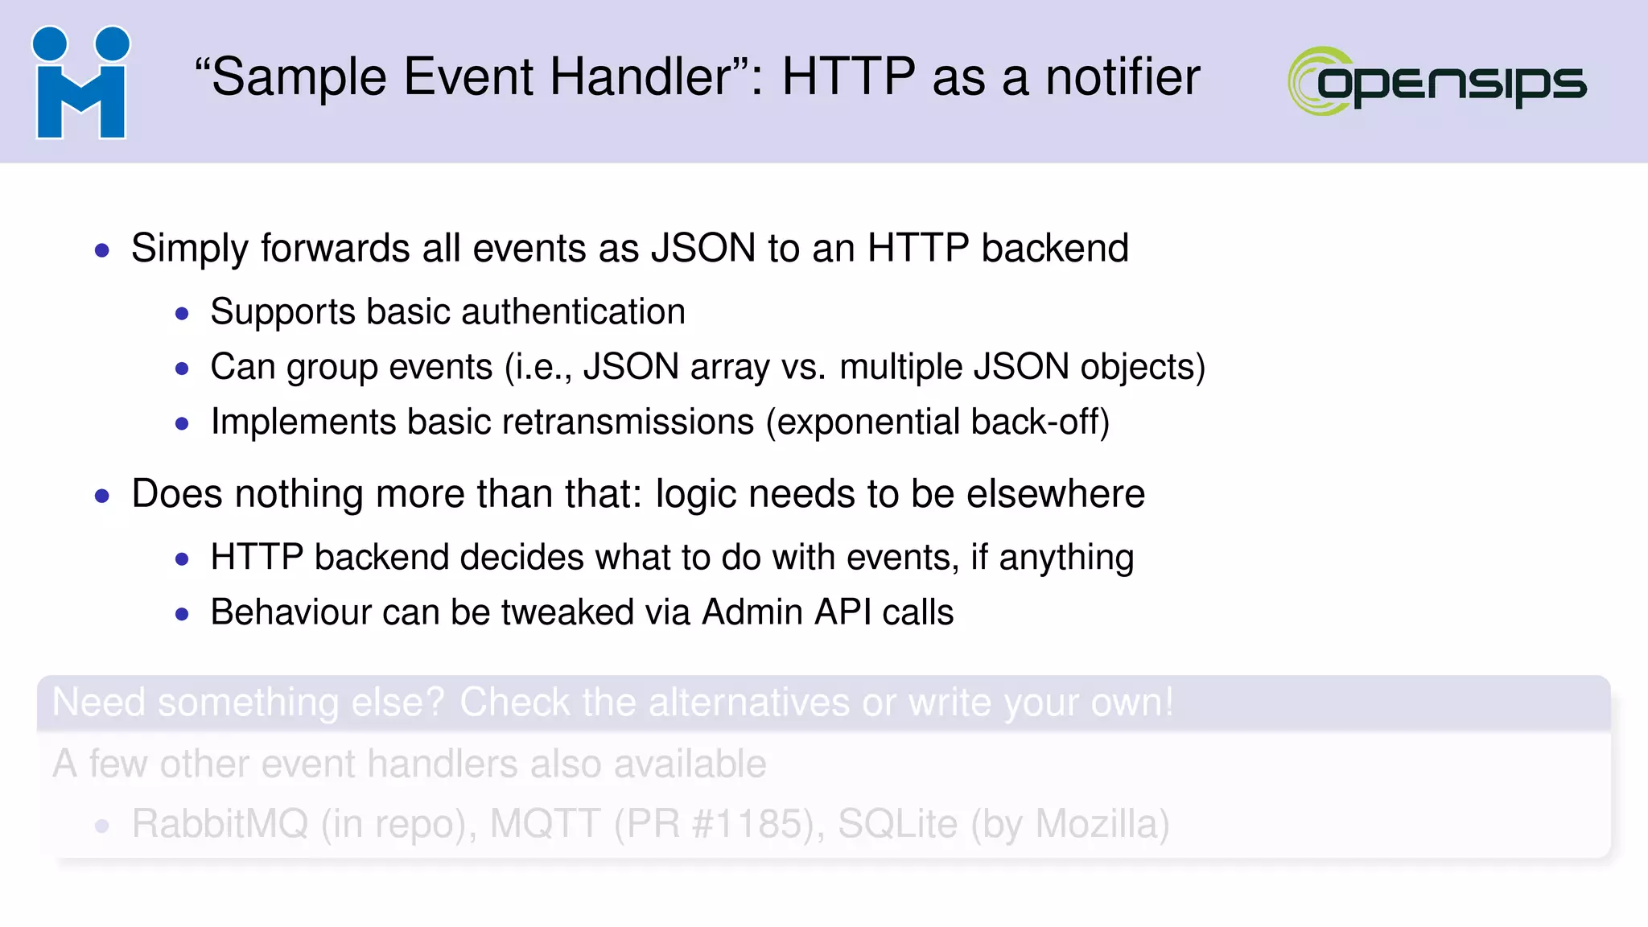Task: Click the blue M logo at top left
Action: pyautogui.click(x=80, y=82)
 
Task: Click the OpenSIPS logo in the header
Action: pyautogui.click(x=1437, y=81)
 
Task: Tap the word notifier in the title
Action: pyautogui.click(x=1123, y=77)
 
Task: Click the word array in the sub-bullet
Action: pyautogui.click(x=729, y=368)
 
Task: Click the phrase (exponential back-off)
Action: pyautogui.click(x=937, y=422)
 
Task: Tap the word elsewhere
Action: pyautogui.click(x=1055, y=493)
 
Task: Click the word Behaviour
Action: pyautogui.click(x=290, y=612)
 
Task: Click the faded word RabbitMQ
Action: pyautogui.click(x=220, y=823)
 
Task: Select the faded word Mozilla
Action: pyautogui.click(x=1102, y=823)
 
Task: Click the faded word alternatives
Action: pyautogui.click(x=748, y=702)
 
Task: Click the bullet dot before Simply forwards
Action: pyautogui.click(x=101, y=250)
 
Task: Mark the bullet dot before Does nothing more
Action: pyautogui.click(x=101, y=496)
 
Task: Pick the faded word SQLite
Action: pyautogui.click(x=897, y=823)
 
